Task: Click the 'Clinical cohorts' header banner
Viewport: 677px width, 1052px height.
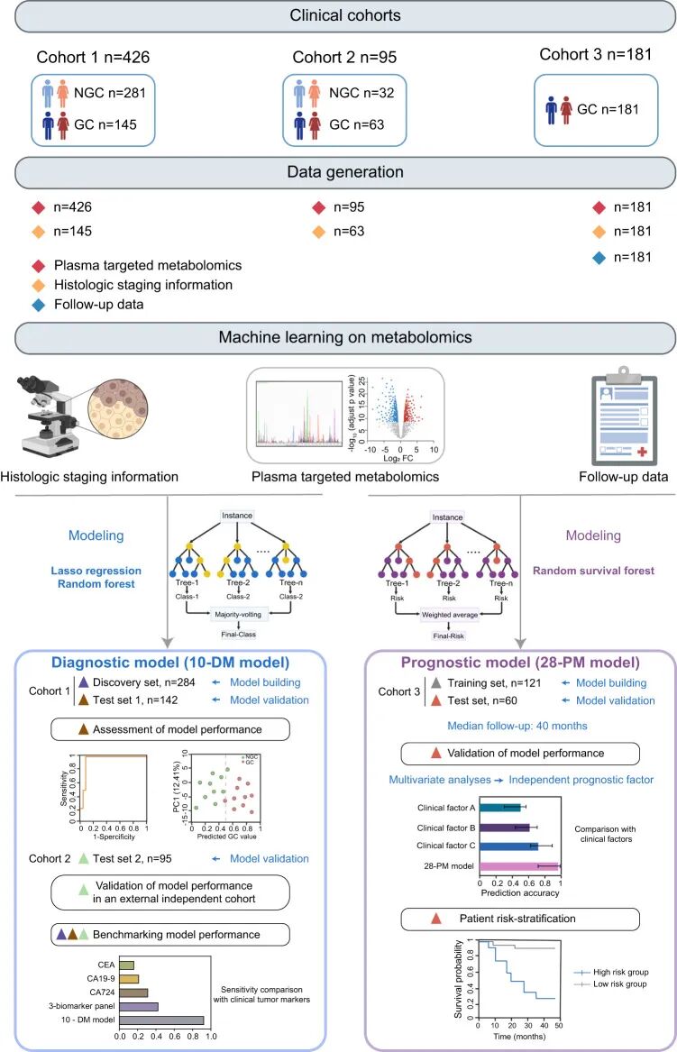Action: [x=338, y=15]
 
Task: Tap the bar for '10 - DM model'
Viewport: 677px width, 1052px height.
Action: [x=162, y=1020]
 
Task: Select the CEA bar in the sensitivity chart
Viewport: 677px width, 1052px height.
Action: [x=127, y=965]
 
